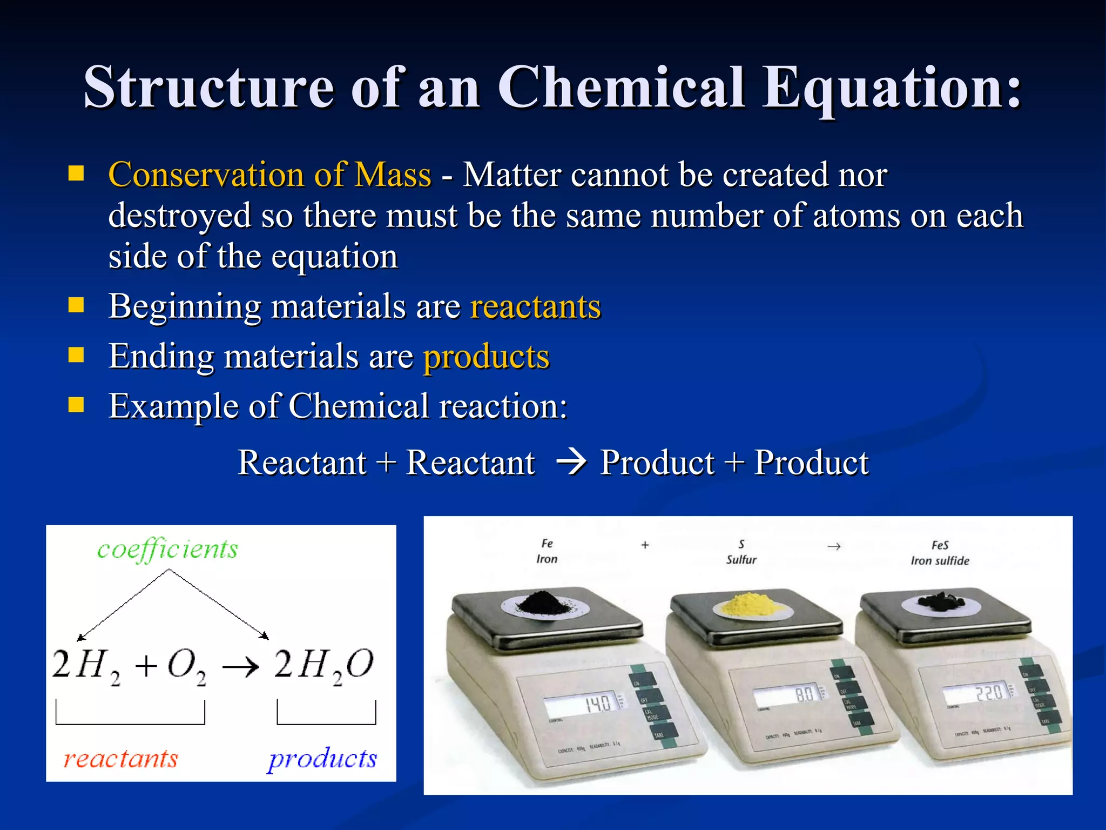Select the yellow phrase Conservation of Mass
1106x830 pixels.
[x=269, y=175]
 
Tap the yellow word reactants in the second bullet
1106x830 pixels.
[x=535, y=307]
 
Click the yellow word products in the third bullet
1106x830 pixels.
[x=486, y=357]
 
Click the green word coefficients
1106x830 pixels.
[x=167, y=550]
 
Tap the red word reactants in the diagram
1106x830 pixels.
[x=120, y=759]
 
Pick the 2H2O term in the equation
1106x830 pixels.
[x=323, y=666]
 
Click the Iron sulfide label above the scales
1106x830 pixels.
[x=940, y=561]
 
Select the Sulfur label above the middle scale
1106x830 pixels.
[x=741, y=560]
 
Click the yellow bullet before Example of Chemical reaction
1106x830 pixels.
[x=76, y=405]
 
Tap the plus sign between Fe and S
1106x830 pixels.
[x=645, y=545]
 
